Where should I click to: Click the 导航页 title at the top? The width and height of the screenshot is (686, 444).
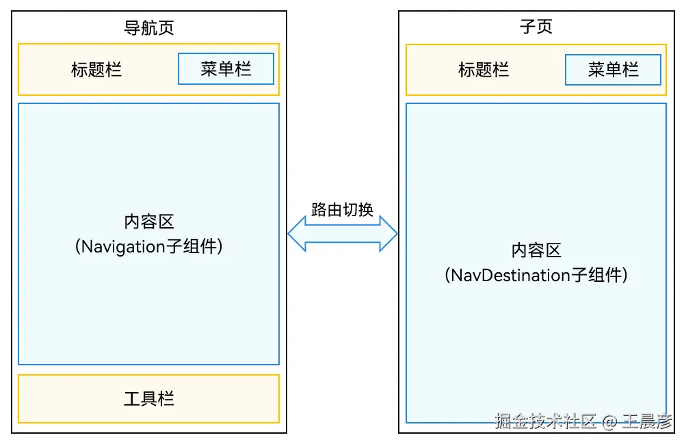[148, 27]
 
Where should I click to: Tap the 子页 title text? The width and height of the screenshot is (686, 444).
[536, 27]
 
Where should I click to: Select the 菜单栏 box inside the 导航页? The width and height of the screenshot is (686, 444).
[226, 68]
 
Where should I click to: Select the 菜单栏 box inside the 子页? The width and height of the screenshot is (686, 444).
[613, 69]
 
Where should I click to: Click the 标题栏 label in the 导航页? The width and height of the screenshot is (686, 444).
[96, 69]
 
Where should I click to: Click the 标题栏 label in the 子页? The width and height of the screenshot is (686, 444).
[484, 69]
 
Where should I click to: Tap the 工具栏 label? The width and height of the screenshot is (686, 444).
[148, 398]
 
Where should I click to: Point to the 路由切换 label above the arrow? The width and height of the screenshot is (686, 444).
[342, 209]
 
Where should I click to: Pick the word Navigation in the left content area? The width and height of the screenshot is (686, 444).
[124, 247]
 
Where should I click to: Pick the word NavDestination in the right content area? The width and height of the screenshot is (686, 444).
[511, 275]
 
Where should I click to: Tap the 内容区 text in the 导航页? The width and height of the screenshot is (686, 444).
[148, 222]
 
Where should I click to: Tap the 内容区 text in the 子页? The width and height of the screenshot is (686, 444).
[536, 250]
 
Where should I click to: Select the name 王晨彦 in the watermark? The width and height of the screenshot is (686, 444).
[647, 421]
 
